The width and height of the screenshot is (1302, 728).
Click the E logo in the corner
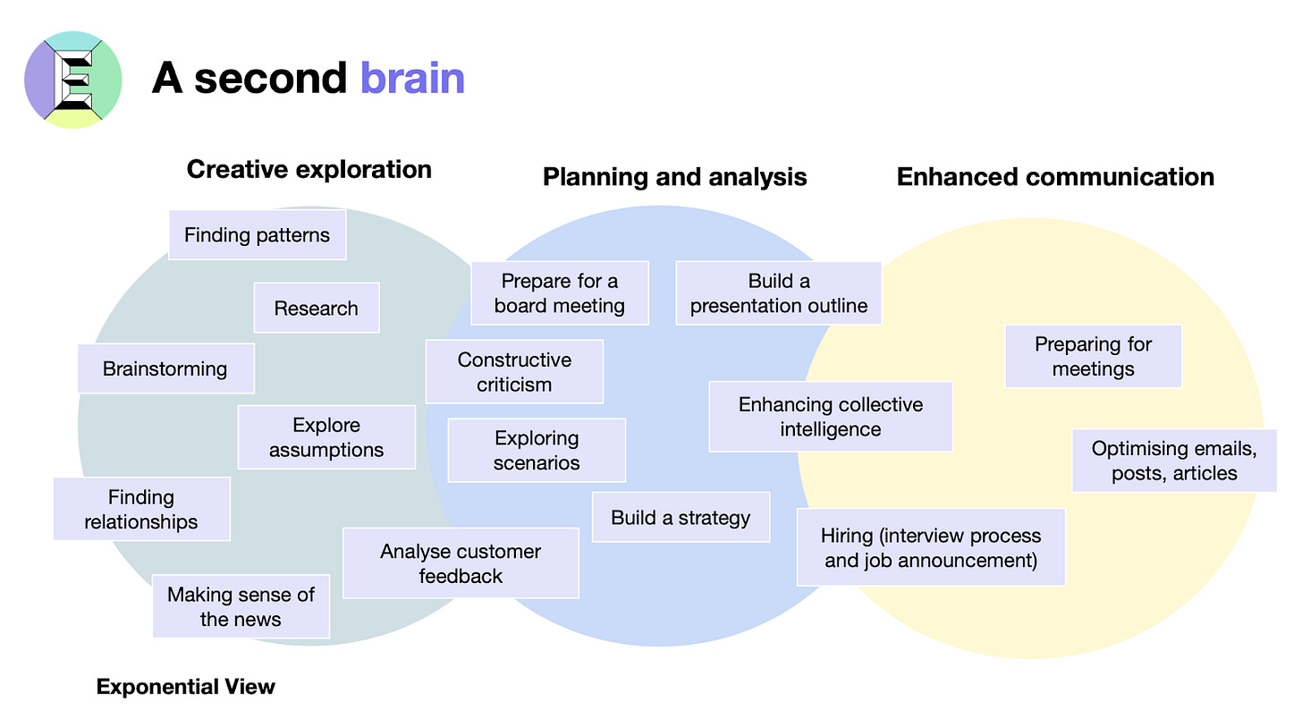[72, 80]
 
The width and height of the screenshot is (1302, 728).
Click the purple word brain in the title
[412, 79]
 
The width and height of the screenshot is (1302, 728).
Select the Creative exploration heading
[309, 169]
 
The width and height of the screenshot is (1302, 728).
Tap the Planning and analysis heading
[674, 177]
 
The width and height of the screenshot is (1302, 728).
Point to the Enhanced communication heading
[1055, 177]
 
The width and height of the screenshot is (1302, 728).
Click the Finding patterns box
[257, 235]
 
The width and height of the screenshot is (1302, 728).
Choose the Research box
[316, 309]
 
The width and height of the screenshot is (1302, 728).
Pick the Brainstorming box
[165, 368]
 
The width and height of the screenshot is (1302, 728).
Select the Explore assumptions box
[326, 437]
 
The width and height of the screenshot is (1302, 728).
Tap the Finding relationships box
[141, 509]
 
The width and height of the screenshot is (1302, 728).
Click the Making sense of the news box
[241, 606]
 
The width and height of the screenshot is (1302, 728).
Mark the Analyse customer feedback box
[461, 563]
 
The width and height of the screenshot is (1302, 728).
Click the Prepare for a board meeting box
[560, 293]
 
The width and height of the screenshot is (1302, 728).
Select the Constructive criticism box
[514, 372]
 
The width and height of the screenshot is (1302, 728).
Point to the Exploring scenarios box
[537, 451]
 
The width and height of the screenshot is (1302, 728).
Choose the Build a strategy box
[681, 517]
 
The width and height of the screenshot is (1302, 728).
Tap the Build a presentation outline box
[779, 293]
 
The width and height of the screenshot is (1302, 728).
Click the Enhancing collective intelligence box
[831, 417]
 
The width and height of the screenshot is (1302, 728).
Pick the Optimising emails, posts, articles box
[1174, 461]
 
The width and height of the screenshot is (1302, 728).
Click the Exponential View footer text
[186, 687]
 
